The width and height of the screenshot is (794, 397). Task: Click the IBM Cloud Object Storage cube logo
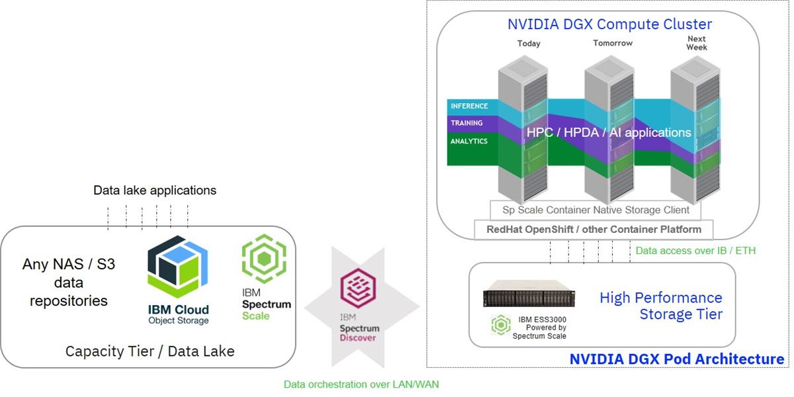tap(177, 268)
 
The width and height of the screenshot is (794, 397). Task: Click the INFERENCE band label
tap(469, 106)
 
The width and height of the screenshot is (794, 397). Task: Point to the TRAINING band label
tap(466, 123)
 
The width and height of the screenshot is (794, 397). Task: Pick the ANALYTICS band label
tap(468, 141)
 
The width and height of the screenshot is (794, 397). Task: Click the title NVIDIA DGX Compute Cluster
tap(609, 24)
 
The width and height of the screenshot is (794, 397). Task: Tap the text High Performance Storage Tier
tap(660, 305)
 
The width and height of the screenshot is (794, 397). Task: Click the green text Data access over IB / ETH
tap(695, 251)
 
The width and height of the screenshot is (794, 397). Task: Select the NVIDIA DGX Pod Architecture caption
tap(676, 359)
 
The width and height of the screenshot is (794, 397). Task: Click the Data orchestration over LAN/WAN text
tap(361, 384)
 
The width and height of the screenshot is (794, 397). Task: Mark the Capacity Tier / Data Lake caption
tap(150, 351)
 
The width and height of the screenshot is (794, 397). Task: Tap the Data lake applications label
tap(155, 191)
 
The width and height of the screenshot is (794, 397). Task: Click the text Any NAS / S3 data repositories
tap(68, 283)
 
